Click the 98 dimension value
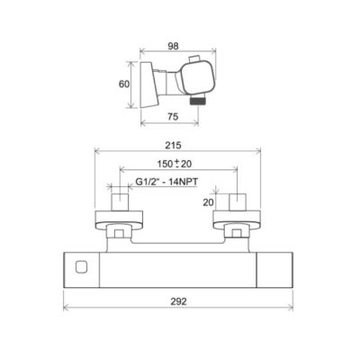click(173, 46)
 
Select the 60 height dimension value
click(124, 85)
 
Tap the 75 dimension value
click(173, 116)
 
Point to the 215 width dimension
click(174, 146)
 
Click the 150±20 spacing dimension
click(175, 164)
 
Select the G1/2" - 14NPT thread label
click(166, 182)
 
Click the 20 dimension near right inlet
click(208, 202)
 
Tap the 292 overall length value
click(178, 301)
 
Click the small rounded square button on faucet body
click(81, 266)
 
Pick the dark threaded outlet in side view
click(198, 100)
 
